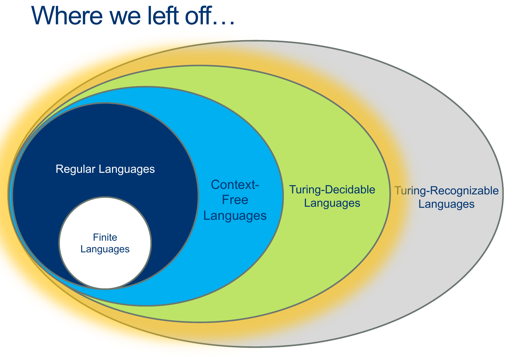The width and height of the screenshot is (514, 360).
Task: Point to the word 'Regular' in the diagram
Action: pyautogui.click(x=75, y=169)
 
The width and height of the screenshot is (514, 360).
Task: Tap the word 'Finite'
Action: pyautogui.click(x=105, y=237)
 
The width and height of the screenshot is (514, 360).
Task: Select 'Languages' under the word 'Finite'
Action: pyautogui.click(x=105, y=249)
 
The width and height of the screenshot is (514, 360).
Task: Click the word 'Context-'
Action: pyautogui.click(x=235, y=185)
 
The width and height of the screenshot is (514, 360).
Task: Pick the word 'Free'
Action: pyautogui.click(x=235, y=200)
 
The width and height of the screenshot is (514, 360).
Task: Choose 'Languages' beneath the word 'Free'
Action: pyautogui.click(x=235, y=216)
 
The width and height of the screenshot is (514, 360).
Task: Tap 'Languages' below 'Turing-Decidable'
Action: pyautogui.click(x=332, y=203)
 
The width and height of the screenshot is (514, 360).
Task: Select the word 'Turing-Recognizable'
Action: pyautogui.click(x=446, y=191)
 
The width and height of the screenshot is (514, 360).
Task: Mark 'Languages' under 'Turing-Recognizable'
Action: pyautogui.click(x=446, y=204)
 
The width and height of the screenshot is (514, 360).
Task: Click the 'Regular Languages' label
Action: pyautogui.click(x=105, y=169)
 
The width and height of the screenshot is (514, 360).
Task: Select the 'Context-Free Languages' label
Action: pyautogui.click(x=235, y=200)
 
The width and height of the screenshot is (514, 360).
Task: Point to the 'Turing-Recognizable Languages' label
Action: pyautogui.click(x=446, y=197)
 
